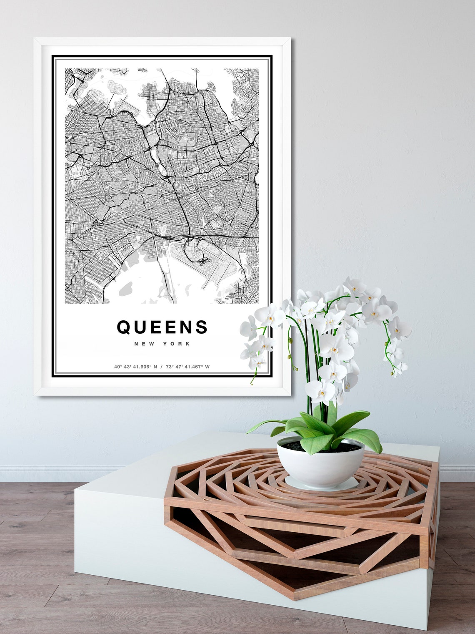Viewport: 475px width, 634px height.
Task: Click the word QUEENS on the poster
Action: tap(162, 327)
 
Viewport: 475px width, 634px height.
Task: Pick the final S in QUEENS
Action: tap(201, 327)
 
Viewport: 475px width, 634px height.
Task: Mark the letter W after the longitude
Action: tap(207, 367)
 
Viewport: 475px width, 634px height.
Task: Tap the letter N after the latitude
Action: tap(155, 367)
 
